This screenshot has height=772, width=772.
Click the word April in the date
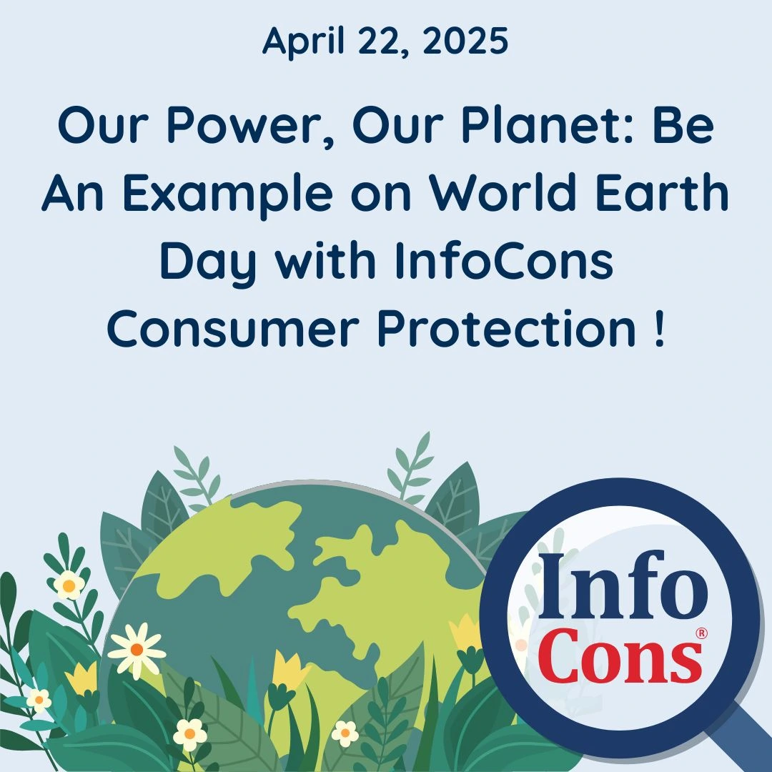303,42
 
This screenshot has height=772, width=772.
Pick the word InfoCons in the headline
505,261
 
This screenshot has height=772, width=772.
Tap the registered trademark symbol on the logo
701,633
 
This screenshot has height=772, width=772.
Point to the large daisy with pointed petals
137,650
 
